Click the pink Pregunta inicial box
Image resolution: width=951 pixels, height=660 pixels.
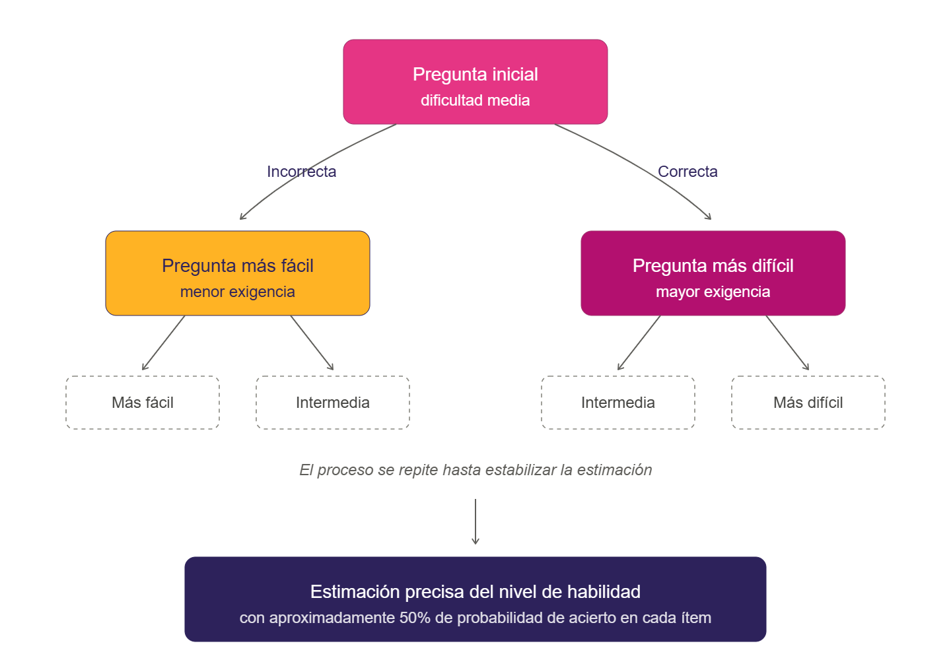pos(475,82)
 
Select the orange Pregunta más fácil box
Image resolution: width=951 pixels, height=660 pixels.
pos(238,273)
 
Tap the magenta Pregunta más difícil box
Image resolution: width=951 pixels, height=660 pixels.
pos(713,273)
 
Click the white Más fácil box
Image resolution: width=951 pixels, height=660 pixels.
pos(143,403)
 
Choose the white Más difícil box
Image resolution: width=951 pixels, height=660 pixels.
pos(808,403)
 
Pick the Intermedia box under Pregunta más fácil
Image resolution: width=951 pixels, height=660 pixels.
pos(333,403)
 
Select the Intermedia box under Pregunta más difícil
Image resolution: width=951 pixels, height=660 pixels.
pos(618,403)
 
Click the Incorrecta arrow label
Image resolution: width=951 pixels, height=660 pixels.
pos(301,172)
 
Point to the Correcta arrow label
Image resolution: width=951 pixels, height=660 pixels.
pos(687,172)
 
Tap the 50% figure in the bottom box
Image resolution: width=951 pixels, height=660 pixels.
pos(415,618)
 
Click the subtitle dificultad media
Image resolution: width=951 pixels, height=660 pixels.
pos(475,100)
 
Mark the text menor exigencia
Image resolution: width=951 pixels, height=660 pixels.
pos(238,292)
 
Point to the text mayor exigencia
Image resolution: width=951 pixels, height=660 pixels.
pos(713,292)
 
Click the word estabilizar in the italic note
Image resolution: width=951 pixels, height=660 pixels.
pos(521,470)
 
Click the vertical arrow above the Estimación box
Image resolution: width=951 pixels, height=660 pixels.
pos(475,521)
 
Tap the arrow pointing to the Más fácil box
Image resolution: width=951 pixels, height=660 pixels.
pos(163,343)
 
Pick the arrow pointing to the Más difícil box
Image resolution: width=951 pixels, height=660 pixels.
pos(787,343)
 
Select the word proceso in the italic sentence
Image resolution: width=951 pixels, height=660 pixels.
pos(345,470)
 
